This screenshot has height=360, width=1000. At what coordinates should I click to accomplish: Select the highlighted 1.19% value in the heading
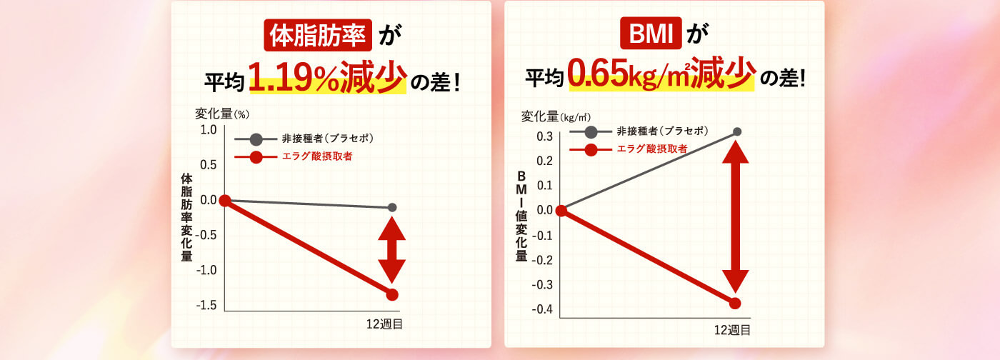[x=294, y=78]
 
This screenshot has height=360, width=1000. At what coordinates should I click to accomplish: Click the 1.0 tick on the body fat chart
[x=208, y=130]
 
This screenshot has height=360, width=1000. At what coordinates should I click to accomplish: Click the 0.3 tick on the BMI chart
[x=544, y=136]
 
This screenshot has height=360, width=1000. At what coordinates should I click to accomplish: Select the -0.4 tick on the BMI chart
[x=542, y=309]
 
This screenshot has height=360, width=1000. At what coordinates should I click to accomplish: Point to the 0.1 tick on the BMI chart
[x=544, y=186]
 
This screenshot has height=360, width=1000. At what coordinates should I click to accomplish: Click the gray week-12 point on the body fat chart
[x=392, y=207]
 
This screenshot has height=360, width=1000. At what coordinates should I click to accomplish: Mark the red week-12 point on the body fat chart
[x=392, y=294]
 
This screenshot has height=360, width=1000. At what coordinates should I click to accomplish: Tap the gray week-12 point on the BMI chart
[x=737, y=131]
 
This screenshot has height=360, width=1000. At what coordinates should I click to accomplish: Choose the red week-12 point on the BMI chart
[x=735, y=303]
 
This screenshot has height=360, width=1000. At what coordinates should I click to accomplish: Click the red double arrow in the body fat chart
[x=391, y=249]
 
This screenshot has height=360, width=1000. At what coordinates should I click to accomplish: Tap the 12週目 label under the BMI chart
[x=732, y=329]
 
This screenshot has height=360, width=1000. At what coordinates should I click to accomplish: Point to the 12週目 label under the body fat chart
[x=384, y=324]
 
